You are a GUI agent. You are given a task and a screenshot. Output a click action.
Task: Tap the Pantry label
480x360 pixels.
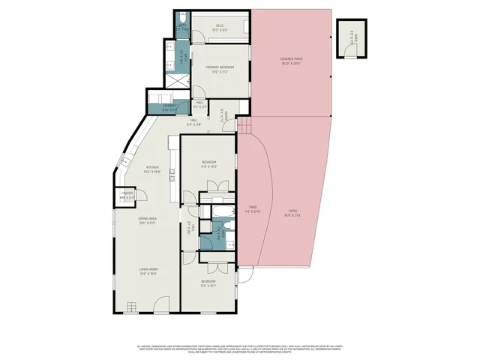[127, 196]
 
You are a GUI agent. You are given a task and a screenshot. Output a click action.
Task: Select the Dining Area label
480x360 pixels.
[146, 220]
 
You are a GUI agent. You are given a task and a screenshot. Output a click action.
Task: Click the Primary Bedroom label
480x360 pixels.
[220, 69]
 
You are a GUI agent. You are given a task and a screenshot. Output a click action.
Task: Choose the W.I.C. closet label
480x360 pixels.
[220, 28]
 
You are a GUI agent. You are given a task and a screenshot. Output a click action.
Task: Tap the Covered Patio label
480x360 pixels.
[290, 61]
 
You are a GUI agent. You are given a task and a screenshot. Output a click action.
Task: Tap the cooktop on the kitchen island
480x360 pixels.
[173, 159]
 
